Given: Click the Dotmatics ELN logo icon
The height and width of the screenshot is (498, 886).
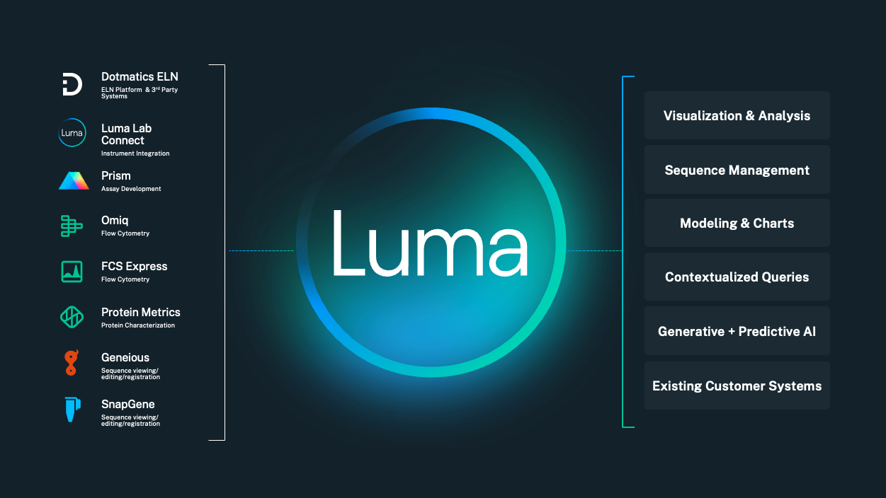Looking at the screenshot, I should (72, 83).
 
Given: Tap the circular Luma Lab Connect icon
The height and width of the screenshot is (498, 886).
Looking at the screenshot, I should (72, 133).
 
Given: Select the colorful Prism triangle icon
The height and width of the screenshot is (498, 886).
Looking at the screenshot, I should (74, 181).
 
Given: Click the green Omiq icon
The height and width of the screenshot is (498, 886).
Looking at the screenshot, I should (72, 226).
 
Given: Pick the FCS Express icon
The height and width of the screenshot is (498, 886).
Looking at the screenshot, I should (72, 272).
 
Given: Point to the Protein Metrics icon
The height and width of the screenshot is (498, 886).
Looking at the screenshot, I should (72, 318).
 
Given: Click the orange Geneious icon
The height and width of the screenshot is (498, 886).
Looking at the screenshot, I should (71, 363).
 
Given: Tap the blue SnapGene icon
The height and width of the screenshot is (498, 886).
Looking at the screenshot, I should (72, 410).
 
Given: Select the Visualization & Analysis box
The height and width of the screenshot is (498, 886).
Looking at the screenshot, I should (737, 115).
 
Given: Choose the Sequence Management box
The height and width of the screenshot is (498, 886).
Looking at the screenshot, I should (737, 170).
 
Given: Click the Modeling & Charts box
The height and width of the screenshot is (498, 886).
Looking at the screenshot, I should (737, 223).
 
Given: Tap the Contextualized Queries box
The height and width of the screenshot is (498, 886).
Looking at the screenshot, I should (737, 277).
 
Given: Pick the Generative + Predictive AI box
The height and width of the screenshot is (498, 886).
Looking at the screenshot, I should (737, 331).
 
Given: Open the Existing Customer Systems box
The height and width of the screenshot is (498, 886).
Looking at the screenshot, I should (737, 386).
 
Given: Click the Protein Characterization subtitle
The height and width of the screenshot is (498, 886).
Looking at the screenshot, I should (137, 325).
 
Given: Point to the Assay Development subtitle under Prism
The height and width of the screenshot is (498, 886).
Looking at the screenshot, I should (131, 189).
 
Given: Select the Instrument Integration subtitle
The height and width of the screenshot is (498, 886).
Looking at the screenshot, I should (135, 154).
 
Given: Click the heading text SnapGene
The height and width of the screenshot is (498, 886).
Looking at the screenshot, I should (127, 404).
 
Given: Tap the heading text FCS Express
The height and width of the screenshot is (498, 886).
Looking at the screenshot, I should (134, 266).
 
